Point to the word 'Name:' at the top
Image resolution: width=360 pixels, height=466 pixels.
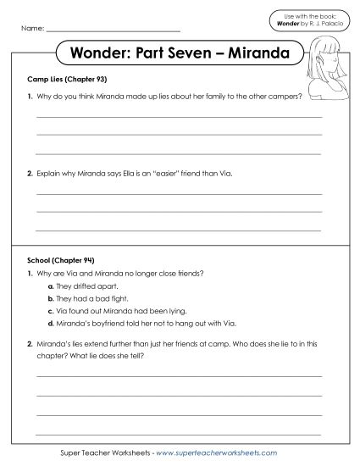[31, 29]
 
